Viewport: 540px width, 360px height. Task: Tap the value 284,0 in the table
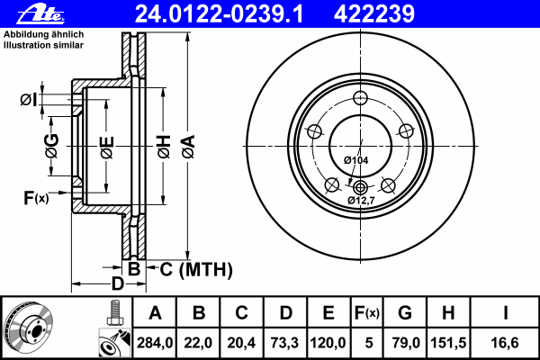156,343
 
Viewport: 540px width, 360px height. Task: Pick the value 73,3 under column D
285,343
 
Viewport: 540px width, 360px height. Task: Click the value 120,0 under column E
328,343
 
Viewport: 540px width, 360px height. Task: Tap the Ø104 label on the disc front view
355,160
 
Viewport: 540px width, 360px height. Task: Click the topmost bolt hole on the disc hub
360,99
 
